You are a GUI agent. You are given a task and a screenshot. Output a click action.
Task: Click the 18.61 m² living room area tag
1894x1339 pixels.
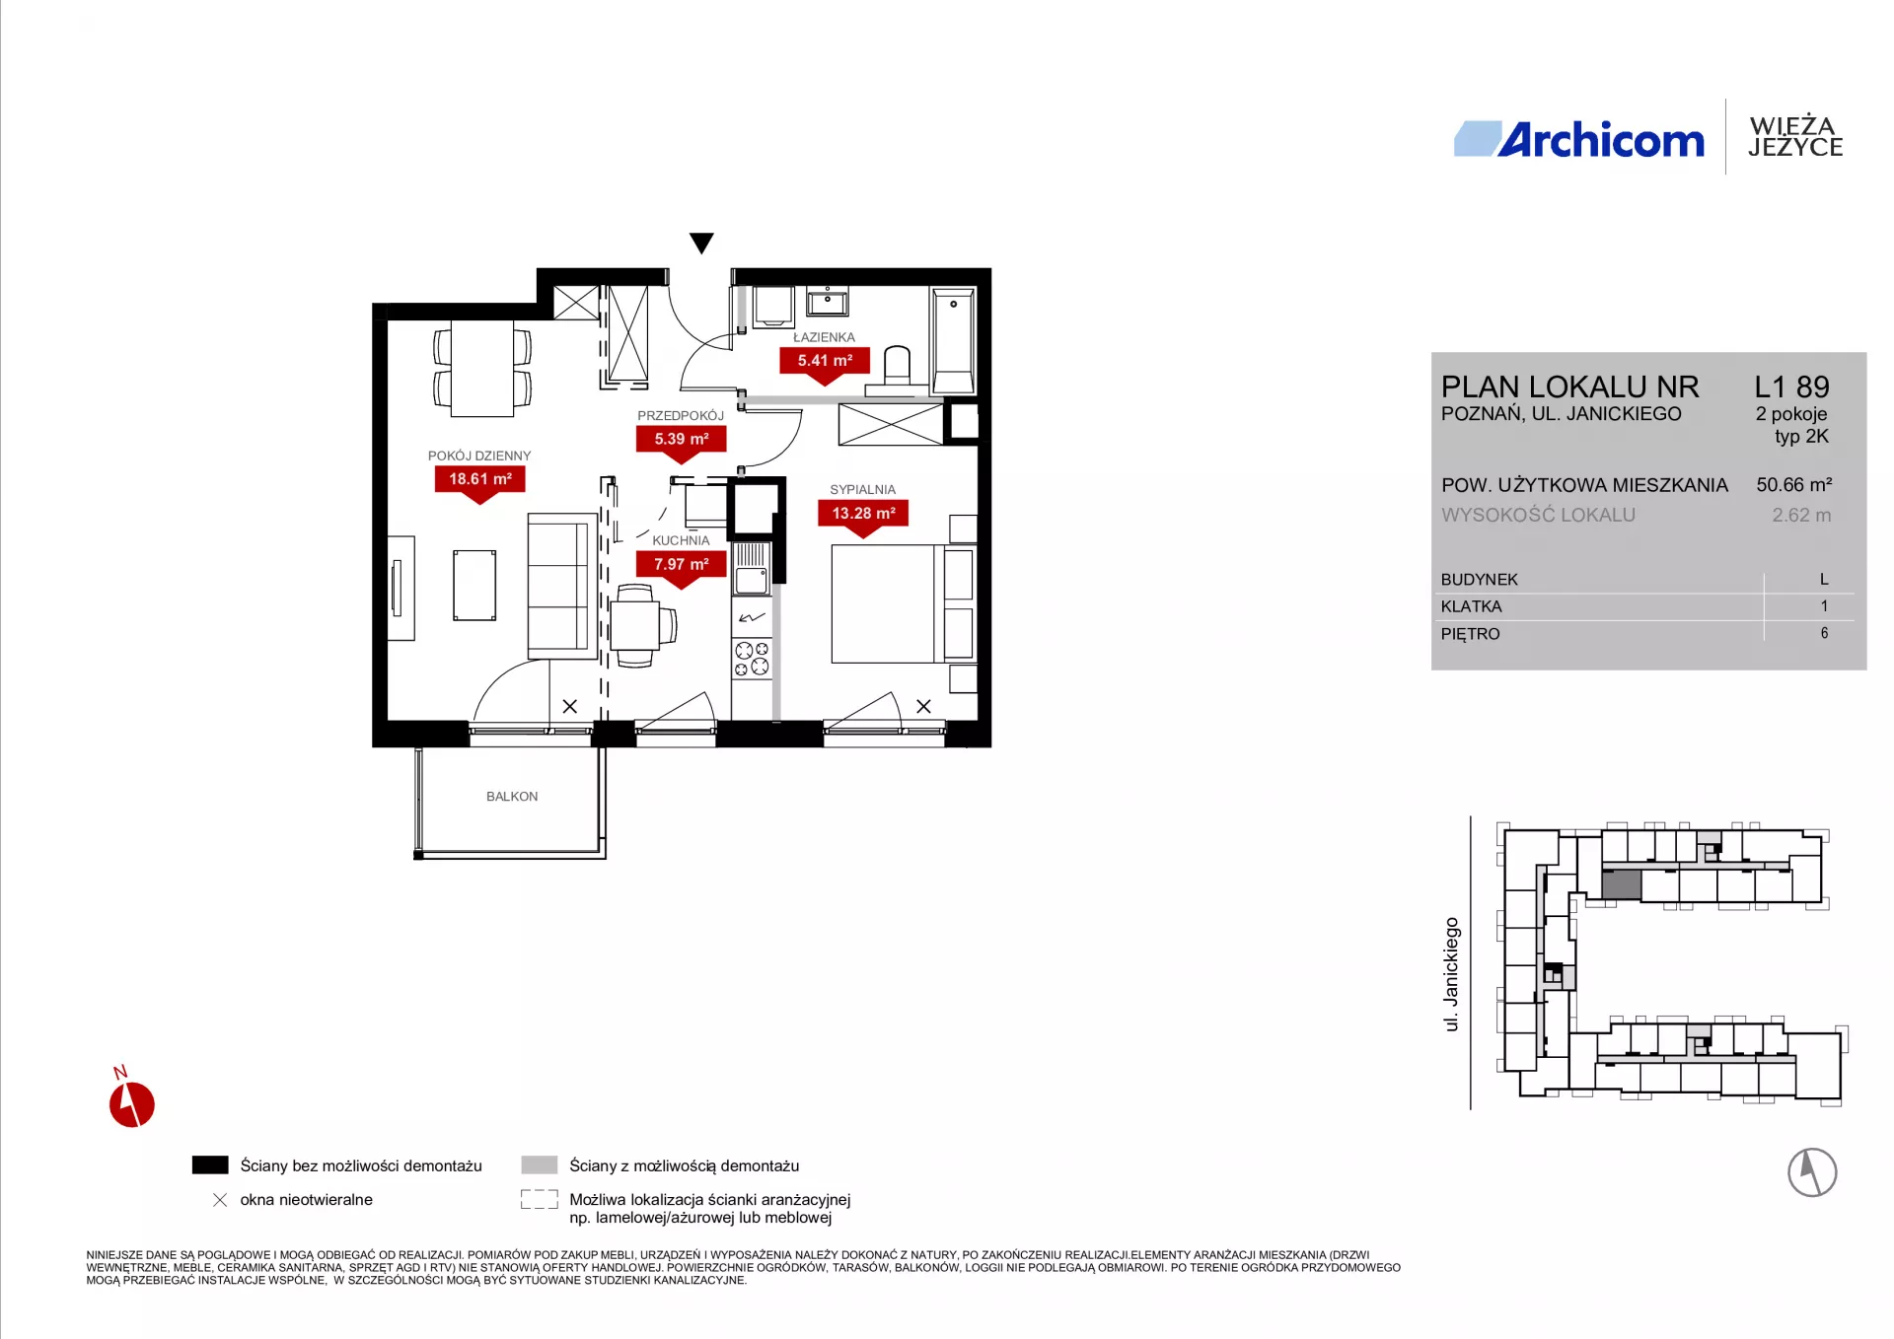[480, 480]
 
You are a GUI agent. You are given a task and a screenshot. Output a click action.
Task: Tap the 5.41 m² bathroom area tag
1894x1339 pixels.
[825, 361]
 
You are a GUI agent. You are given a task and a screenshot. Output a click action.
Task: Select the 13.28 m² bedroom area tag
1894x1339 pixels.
[863, 514]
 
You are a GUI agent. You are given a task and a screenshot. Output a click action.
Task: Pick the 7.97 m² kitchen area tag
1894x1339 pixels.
[682, 565]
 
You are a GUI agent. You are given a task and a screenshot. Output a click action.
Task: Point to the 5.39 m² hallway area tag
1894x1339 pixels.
[682, 440]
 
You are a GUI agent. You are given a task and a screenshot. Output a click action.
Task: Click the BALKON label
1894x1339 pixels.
[512, 797]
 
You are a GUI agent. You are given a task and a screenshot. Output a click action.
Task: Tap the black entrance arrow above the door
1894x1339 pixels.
[701, 243]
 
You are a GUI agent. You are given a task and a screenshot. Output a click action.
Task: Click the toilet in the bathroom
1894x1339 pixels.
[898, 367]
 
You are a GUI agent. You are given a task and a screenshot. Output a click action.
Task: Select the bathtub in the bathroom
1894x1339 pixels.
[954, 341]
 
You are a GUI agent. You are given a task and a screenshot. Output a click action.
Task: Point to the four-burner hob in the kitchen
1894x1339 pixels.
[752, 659]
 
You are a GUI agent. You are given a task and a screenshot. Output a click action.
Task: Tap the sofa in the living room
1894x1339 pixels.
[562, 586]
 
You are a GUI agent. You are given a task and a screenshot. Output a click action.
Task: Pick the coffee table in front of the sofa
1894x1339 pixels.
[474, 586]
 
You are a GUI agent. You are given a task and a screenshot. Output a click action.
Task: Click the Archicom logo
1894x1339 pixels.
[1579, 140]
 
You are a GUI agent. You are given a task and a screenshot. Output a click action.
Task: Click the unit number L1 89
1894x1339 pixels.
[1791, 387]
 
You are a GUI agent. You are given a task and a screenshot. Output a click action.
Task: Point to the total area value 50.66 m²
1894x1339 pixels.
[1794, 485]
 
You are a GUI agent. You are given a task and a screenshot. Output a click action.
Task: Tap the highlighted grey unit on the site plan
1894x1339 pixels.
[1622, 884]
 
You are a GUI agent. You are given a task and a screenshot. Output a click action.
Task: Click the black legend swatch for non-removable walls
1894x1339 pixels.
[210, 1165]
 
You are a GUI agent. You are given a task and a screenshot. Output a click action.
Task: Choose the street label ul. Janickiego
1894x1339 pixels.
[1451, 974]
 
